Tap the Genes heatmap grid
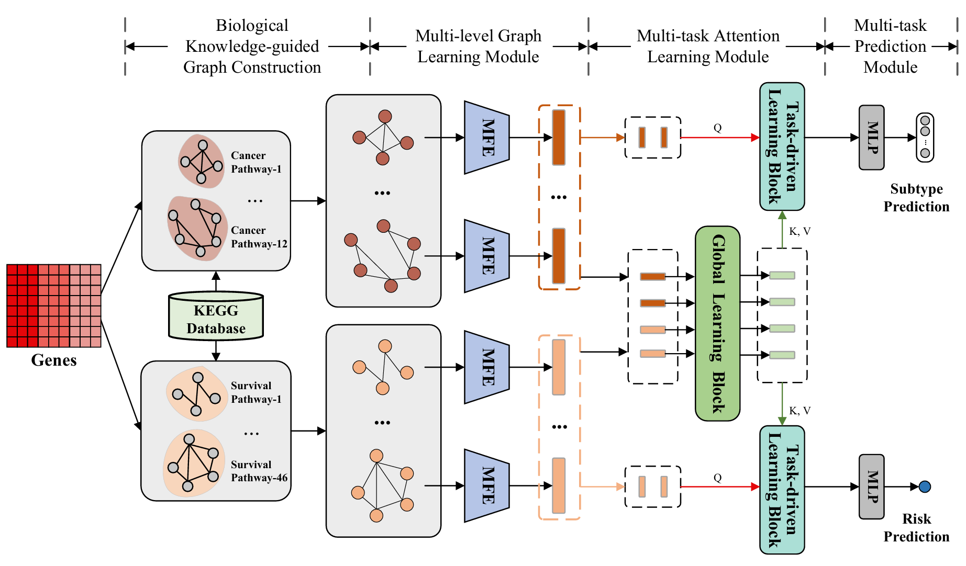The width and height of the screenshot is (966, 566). (53, 305)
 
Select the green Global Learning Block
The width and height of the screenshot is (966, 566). (717, 323)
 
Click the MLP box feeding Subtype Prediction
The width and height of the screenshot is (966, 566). (871, 138)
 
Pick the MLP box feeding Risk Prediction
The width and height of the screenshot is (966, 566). (871, 486)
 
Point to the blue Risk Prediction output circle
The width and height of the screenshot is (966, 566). (925, 486)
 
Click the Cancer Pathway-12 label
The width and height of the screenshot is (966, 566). (259, 237)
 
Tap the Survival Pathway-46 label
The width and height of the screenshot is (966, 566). (259, 471)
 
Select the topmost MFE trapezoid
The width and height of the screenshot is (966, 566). (486, 138)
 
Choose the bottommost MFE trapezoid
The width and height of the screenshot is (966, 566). (486, 485)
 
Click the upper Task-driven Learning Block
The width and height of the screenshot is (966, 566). (782, 146)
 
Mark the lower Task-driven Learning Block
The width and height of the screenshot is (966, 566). (782, 490)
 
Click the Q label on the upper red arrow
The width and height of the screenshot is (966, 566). (717, 128)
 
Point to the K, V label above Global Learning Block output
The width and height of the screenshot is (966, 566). (800, 231)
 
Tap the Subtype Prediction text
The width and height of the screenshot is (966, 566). (916, 198)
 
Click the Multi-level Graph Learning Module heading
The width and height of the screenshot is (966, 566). (478, 46)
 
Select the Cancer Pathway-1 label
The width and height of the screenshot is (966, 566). (256, 162)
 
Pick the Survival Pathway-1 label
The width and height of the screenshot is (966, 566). (256, 392)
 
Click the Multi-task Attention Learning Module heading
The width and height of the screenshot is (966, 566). (708, 46)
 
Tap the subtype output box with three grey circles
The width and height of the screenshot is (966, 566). (925, 138)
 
